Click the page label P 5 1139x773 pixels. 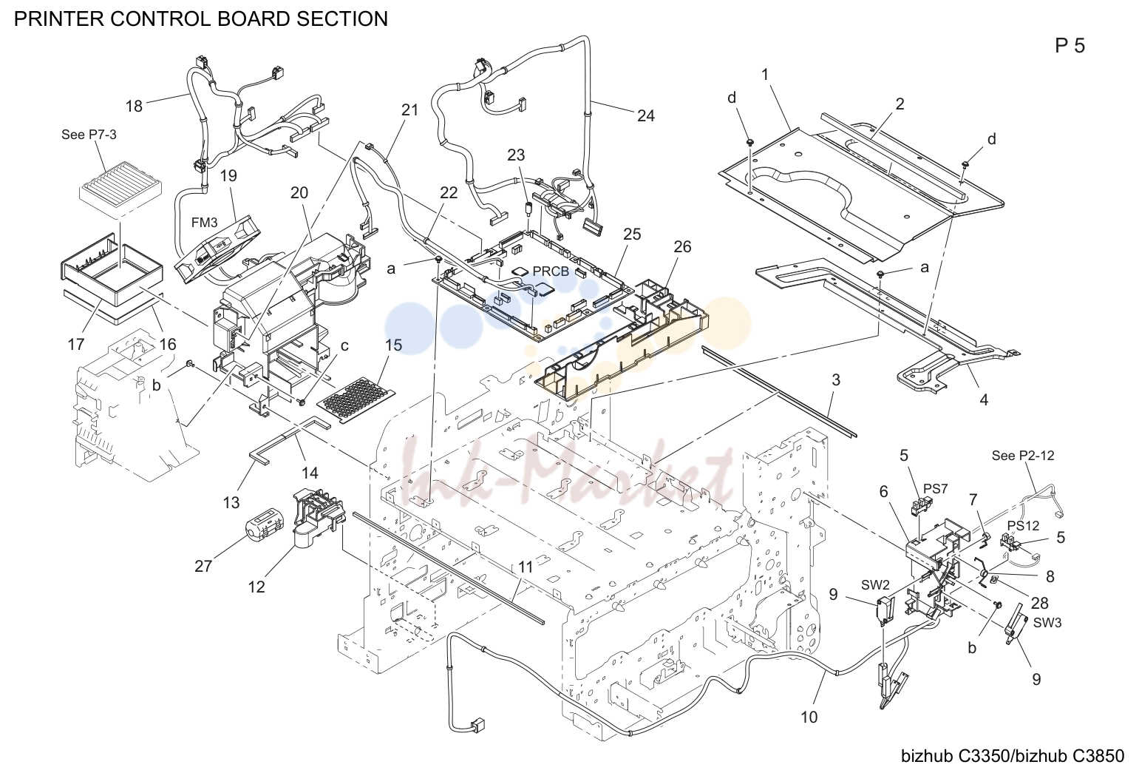pyautogui.click(x=1070, y=47)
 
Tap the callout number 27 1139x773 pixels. pyautogui.click(x=203, y=567)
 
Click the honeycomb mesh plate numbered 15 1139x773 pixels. pyautogui.click(x=356, y=400)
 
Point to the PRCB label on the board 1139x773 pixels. pyautogui.click(x=551, y=271)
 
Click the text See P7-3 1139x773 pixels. pyautogui.click(x=89, y=135)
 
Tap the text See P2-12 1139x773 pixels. pyautogui.click(x=1022, y=456)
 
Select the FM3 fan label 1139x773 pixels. pyautogui.click(x=205, y=223)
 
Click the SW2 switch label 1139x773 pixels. pyautogui.click(x=875, y=585)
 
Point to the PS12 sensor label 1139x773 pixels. pyautogui.click(x=1023, y=525)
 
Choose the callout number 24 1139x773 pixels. pyautogui.click(x=646, y=116)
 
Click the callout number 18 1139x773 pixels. pyautogui.click(x=135, y=106)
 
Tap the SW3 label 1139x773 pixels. pyautogui.click(x=1047, y=622)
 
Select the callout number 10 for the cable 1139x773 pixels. pyautogui.click(x=809, y=717)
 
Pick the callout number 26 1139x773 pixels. pyautogui.click(x=682, y=247)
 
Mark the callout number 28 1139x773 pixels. pyautogui.click(x=1040, y=603)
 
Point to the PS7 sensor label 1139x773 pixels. pyautogui.click(x=936, y=489)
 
